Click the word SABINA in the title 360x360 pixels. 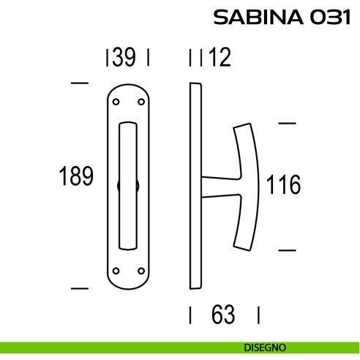tap(256, 17)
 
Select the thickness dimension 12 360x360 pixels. tap(219, 58)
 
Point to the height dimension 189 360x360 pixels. tap(76, 177)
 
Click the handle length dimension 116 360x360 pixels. tap(283, 185)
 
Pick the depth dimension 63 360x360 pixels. tap(223, 315)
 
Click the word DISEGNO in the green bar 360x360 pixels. tap(266, 348)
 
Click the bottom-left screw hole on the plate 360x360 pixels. tap(116, 270)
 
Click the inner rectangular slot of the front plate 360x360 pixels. tap(127, 184)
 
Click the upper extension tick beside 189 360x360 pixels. tap(79, 83)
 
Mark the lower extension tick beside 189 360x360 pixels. tap(79, 287)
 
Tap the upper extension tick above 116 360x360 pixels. tap(287, 124)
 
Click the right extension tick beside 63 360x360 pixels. tap(258, 315)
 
